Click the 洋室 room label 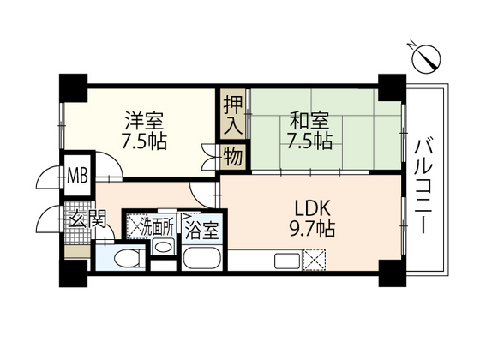click(144, 120)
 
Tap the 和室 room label click(309, 120)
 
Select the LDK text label click(312, 208)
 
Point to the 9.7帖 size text click(312, 229)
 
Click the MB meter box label click(77, 176)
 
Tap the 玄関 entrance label click(87, 219)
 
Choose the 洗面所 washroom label click(158, 227)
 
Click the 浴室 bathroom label click(201, 230)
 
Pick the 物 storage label click(233, 156)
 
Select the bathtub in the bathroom click(202, 259)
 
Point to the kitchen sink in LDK click(287, 261)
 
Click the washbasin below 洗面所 click(164, 247)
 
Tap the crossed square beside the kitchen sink click(314, 261)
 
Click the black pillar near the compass click(393, 87)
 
